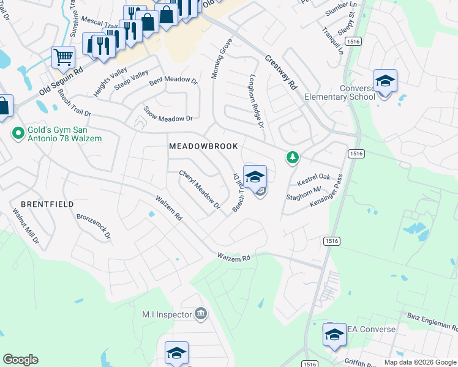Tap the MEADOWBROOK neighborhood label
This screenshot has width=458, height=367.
point(203,147)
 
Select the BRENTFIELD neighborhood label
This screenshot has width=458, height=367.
point(47,204)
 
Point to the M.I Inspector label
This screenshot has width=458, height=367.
point(167,314)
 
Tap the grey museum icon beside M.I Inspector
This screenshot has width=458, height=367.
point(200,314)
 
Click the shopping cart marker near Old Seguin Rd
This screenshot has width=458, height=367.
point(64,58)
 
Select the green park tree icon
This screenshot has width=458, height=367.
point(293,158)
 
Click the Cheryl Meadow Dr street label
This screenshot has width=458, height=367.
point(200,190)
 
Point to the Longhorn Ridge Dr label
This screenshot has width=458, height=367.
point(256,102)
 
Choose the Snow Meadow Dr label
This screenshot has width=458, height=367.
point(168,114)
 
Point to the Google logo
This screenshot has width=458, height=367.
point(20,360)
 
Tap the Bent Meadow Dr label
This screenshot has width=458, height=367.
point(174,80)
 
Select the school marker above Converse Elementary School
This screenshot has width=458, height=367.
point(385,81)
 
